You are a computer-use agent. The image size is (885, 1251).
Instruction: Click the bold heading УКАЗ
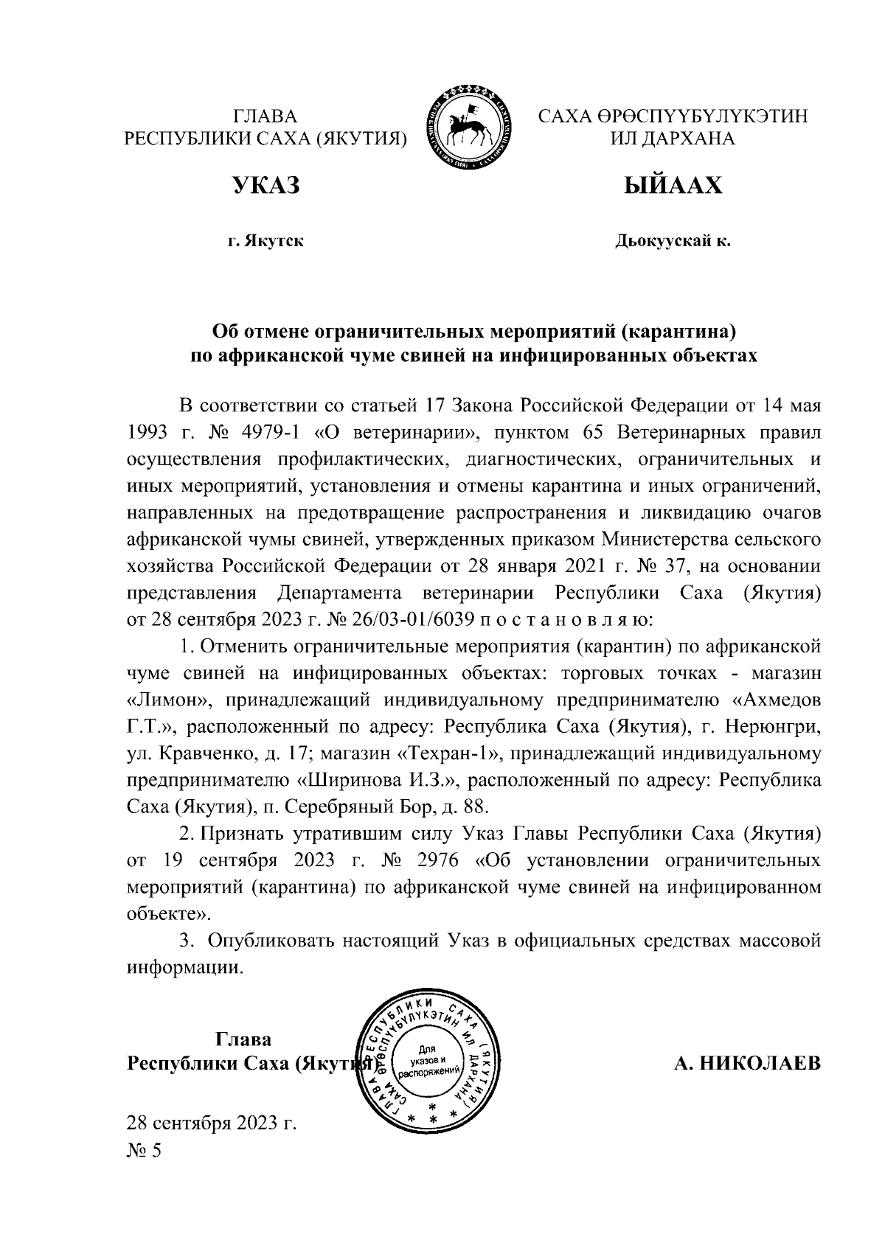(x=266, y=185)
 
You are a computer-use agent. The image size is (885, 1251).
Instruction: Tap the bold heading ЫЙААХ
(x=673, y=185)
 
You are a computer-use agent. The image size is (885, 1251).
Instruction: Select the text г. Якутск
(x=265, y=241)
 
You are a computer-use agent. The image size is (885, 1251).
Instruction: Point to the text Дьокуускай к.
(x=673, y=241)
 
